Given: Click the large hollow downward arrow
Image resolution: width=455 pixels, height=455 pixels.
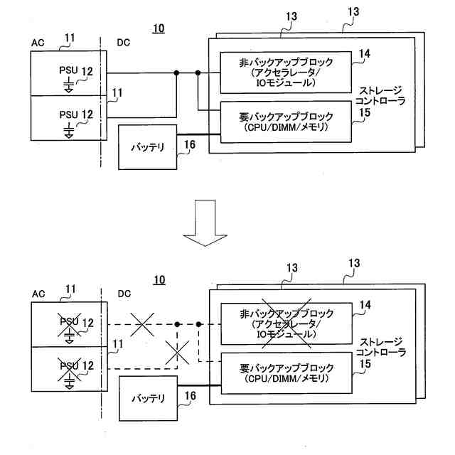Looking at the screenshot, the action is coord(205,223).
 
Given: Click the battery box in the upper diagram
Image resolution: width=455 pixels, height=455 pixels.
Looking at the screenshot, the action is coord(147,147).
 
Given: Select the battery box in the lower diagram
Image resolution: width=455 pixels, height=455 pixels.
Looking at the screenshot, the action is coord(149,398).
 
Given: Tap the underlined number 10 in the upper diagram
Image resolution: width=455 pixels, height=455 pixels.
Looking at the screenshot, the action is coord(159,28).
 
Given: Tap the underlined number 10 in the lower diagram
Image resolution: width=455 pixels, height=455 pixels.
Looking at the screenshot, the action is coord(159,280).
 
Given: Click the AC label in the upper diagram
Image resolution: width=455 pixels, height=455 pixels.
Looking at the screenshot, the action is coord(38,43).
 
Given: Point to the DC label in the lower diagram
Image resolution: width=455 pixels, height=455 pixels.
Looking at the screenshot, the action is coord(124,294).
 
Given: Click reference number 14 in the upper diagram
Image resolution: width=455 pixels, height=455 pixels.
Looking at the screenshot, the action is coord(365,54).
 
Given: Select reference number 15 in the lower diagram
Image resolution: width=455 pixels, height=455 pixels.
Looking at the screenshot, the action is coord(365,364).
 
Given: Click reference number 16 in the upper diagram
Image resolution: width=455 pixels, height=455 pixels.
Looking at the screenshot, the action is coord(190,144).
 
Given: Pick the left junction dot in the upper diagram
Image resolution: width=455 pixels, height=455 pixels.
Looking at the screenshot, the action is coord(176,73).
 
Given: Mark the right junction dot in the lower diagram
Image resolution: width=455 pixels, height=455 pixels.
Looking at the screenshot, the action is coord(199,324).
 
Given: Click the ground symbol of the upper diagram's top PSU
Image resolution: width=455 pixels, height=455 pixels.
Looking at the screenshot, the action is coord(69,85).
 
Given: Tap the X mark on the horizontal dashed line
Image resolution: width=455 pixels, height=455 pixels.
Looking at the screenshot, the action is coord(142,324).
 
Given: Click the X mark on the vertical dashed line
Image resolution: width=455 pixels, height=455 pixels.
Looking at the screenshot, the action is coord(177,353).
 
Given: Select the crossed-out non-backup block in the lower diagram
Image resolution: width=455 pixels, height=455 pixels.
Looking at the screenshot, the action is coord(287,323).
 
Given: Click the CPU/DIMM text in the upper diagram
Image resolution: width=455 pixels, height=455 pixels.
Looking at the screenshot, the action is coord(286,127).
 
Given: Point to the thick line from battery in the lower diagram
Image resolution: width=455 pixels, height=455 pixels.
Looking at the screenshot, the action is coord(199,385).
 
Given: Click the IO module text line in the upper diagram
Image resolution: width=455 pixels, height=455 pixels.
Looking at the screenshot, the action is coord(286,83).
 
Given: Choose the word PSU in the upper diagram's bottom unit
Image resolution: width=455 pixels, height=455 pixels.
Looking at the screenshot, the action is coord(68,114).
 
